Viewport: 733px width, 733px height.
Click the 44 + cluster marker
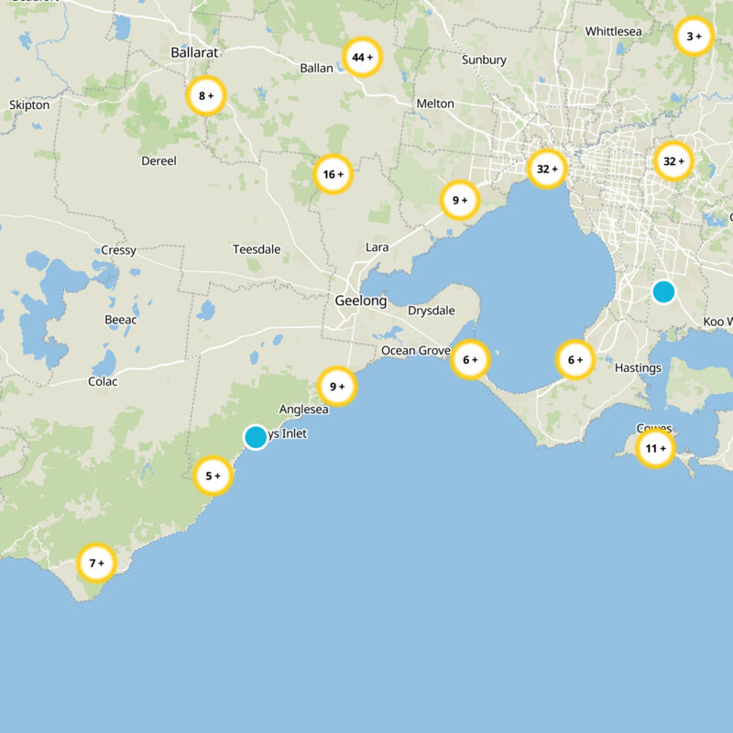coord(362,58)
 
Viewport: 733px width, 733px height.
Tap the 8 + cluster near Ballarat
coord(206,95)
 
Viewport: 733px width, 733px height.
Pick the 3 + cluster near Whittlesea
coord(694,37)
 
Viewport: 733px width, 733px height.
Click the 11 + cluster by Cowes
coord(656,449)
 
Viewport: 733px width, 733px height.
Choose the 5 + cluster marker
coord(213,476)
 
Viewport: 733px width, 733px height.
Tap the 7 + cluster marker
coord(96,563)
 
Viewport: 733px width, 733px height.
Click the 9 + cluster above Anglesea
coord(337,387)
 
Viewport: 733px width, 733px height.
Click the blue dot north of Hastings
coord(663,291)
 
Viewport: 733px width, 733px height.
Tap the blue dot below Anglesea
coord(256,437)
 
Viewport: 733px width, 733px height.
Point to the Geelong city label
coord(360,301)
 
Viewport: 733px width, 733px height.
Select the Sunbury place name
coord(484,60)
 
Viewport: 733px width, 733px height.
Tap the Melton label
coord(435,104)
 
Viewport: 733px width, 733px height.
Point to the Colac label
coord(103,381)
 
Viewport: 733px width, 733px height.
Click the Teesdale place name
coord(256,249)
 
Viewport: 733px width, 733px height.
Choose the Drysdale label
coord(431,311)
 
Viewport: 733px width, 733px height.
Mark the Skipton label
coord(29,105)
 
